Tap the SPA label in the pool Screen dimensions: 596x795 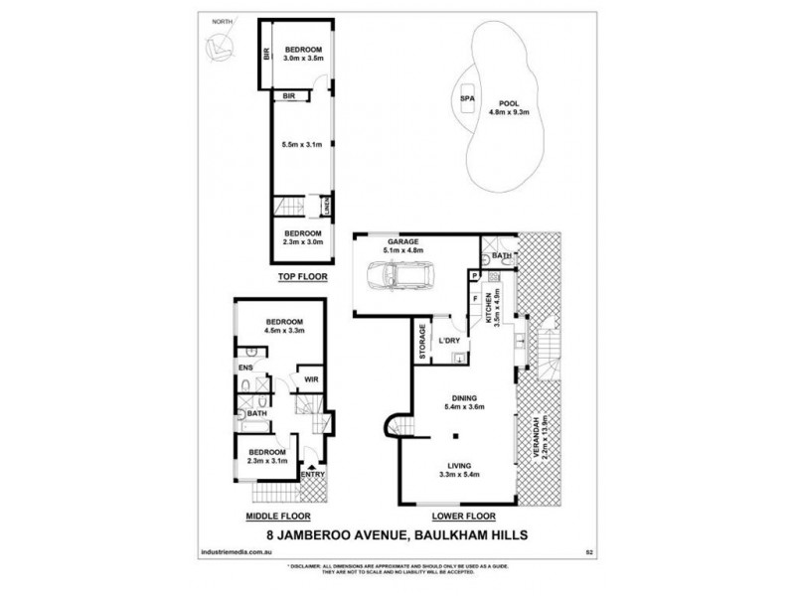point(465,99)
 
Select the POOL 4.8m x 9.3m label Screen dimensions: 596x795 point(508,106)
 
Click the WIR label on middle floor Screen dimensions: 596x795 point(310,379)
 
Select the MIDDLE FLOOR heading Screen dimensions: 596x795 point(278,518)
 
